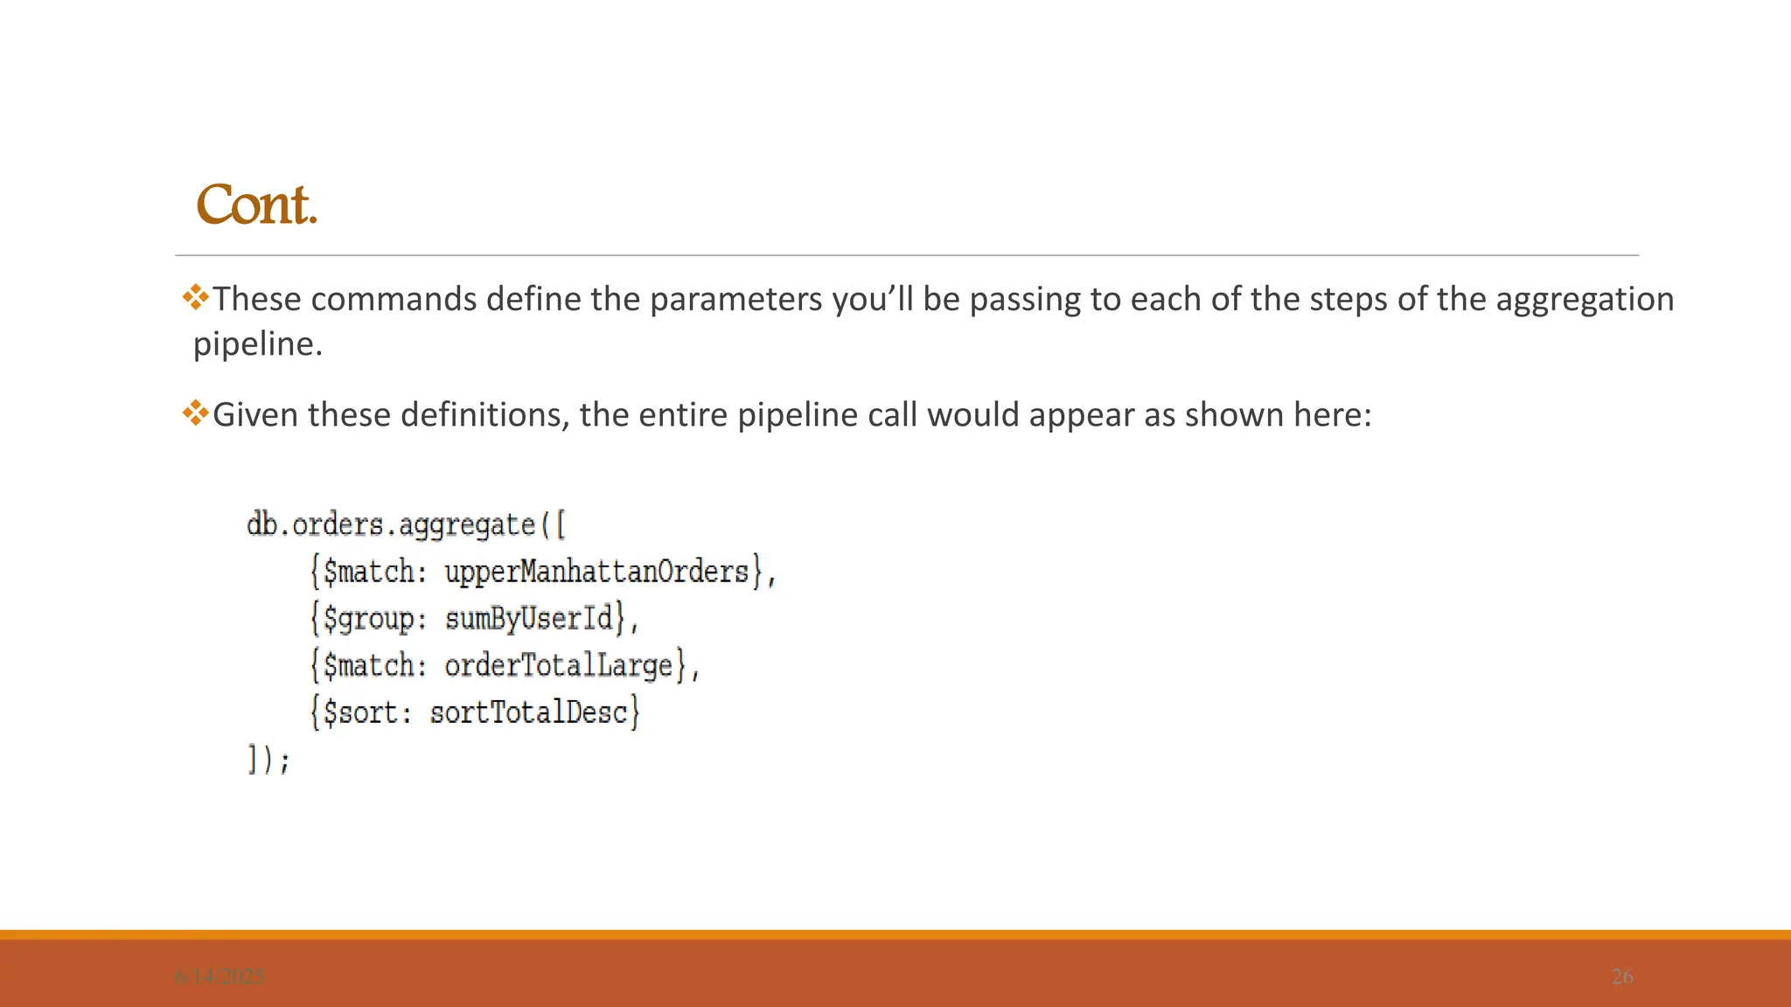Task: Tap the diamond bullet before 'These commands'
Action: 196,297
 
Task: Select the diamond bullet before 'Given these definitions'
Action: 196,413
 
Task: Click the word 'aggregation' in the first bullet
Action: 1585,300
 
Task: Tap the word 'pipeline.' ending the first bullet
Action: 258,344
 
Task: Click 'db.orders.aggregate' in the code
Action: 391,524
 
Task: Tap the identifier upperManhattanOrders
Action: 596,572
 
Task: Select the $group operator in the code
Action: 368,619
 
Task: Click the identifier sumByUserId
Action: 529,619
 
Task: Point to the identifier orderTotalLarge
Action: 559,666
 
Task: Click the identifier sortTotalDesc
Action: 529,712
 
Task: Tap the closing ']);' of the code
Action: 268,759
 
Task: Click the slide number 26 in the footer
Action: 1621,976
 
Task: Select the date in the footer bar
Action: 220,976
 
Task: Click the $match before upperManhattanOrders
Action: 368,572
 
